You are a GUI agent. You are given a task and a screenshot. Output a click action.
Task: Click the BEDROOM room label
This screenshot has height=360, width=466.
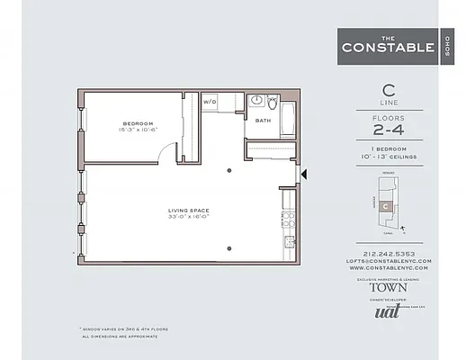(x=138, y=122)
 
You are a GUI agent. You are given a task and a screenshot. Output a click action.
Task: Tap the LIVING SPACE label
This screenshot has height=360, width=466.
(x=188, y=211)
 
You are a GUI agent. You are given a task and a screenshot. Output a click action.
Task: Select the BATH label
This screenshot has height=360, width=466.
(x=263, y=120)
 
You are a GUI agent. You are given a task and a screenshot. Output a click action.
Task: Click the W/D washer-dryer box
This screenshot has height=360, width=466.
(x=210, y=102)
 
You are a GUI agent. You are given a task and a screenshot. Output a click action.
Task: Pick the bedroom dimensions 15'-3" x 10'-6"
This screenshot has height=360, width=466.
(x=138, y=130)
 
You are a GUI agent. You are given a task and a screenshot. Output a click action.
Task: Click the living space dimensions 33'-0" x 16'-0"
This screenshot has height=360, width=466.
(x=188, y=218)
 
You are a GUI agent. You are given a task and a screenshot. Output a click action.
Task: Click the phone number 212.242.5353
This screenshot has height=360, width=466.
(x=390, y=254)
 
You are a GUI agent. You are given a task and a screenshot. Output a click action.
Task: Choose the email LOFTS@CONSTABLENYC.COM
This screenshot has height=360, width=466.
(x=390, y=261)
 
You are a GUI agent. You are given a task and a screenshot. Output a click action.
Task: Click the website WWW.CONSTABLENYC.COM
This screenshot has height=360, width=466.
(x=390, y=268)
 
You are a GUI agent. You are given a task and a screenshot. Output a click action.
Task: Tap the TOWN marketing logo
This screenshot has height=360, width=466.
(x=389, y=288)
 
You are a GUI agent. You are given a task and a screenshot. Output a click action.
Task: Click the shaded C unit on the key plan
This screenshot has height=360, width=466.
(x=386, y=206)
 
